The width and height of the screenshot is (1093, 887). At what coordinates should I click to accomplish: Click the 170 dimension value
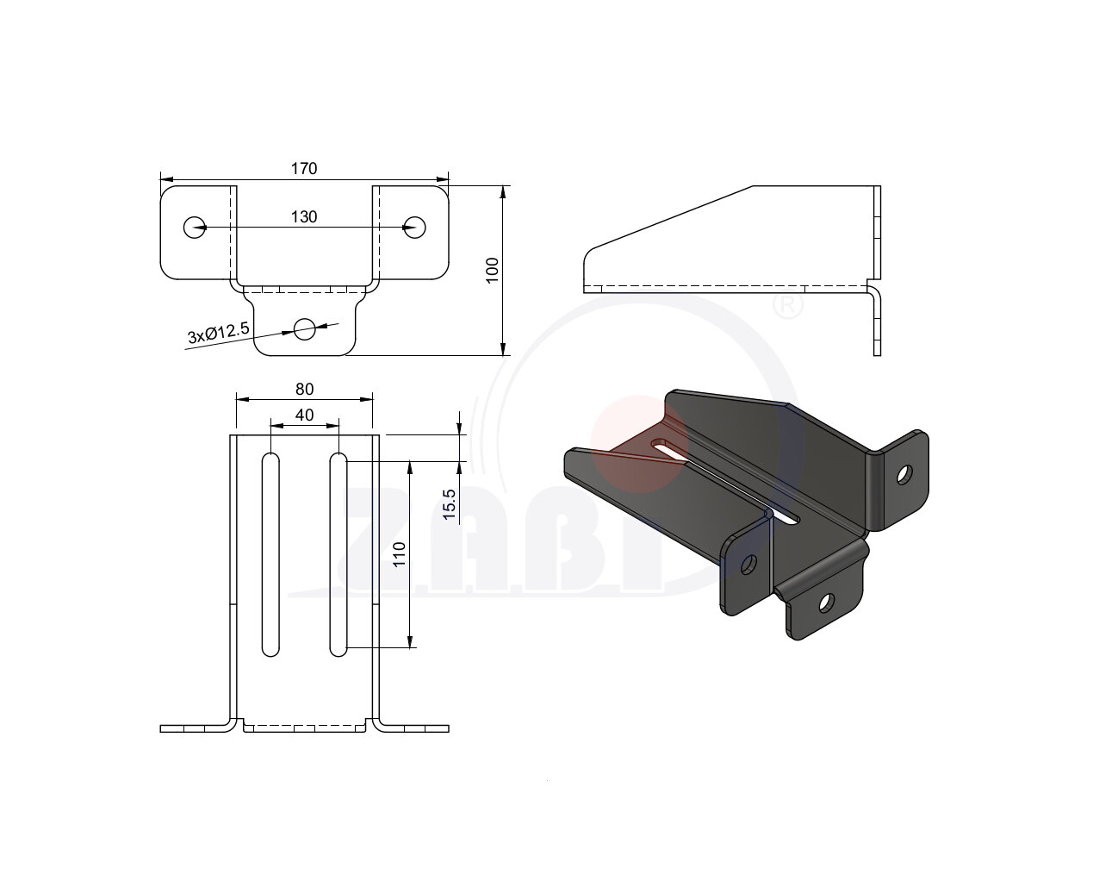304,168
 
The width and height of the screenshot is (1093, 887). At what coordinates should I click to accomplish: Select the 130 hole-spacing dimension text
304,216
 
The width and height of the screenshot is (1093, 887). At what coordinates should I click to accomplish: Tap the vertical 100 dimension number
492,270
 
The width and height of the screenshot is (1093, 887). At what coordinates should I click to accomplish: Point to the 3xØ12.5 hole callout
219,333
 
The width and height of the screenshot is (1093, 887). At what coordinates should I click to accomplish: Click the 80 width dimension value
304,390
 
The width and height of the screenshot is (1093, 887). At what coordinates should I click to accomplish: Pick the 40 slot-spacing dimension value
304,415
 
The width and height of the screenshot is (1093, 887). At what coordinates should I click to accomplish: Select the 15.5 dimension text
449,505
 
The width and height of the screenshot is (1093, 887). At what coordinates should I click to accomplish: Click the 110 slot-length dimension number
399,554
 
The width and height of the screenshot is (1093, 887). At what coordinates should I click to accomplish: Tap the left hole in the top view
195,227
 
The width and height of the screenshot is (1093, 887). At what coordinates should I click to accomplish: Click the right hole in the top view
414,227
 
